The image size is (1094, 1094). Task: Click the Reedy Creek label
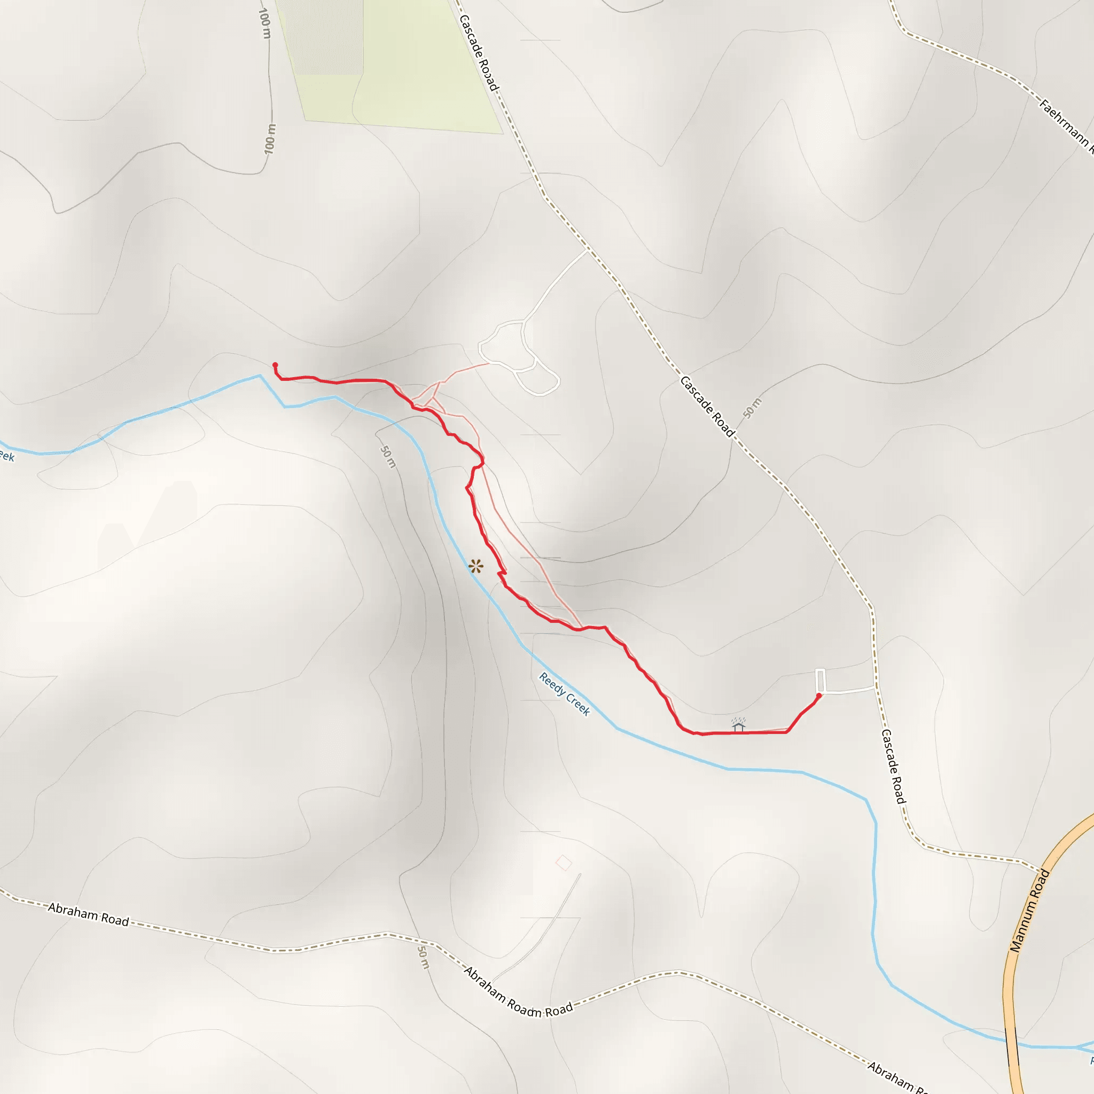[x=564, y=694]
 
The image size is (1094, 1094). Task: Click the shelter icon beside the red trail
[x=738, y=725]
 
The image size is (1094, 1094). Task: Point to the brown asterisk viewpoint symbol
[x=475, y=566]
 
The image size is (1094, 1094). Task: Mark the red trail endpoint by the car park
[x=818, y=696]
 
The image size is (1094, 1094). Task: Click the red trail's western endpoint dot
[x=275, y=365]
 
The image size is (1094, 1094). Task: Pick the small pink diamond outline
[x=564, y=863]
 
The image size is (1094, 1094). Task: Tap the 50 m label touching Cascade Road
[x=752, y=408]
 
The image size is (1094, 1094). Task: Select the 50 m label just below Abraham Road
[x=423, y=956]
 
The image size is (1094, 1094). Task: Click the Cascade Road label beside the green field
[x=479, y=52]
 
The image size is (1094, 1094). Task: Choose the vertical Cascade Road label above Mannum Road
[x=894, y=765]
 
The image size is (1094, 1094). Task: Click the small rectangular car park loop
[x=820, y=679]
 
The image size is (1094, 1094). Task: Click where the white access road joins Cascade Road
[x=587, y=249]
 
